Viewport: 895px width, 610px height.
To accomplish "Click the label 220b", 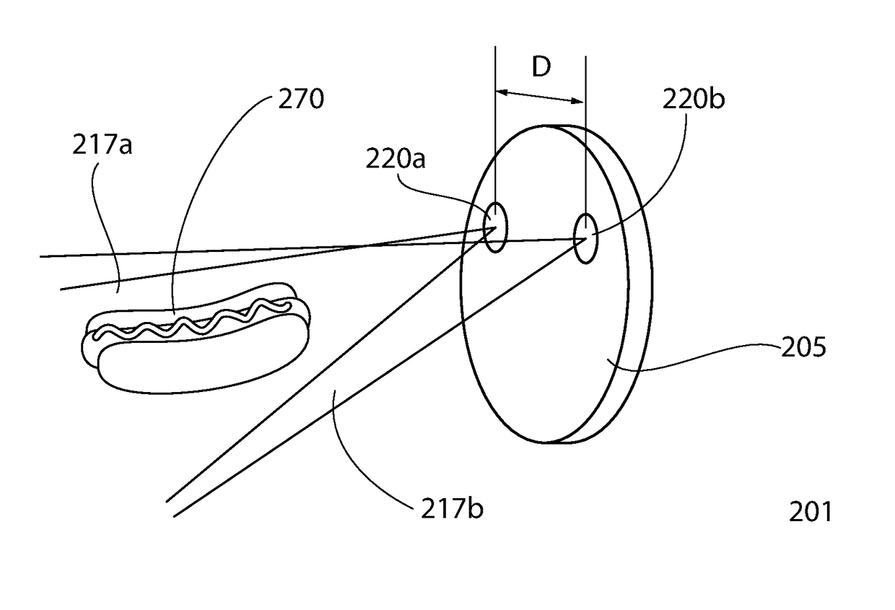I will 693,99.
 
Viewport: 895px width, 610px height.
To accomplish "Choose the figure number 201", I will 810,512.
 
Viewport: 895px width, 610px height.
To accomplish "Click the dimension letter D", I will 541,67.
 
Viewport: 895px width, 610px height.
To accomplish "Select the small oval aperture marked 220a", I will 494,227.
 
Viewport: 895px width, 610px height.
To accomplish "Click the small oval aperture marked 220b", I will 585,238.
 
